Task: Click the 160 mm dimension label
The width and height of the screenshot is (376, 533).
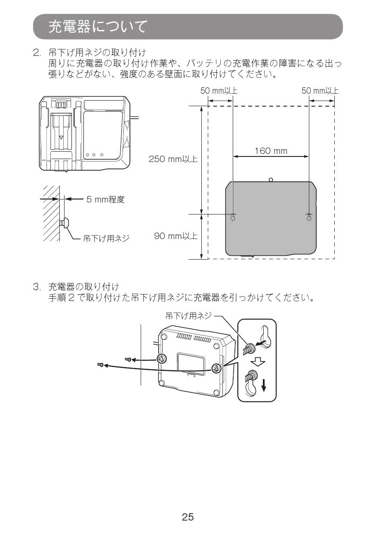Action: pos(271,151)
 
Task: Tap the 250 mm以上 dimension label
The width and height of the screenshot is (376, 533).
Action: pos(173,159)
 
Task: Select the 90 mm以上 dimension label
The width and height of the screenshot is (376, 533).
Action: pos(176,236)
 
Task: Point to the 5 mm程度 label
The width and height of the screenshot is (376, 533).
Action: pos(105,199)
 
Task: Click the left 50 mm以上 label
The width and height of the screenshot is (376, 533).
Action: pos(219,91)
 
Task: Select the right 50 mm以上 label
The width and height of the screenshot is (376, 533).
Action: pos(320,91)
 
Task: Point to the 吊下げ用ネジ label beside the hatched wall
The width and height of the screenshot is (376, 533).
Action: pos(106,238)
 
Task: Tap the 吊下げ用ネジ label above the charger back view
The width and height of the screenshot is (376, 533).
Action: pos(188,316)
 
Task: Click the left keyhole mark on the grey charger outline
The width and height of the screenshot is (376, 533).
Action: pos(233,217)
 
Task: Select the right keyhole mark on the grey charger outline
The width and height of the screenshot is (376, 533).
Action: pos(309,217)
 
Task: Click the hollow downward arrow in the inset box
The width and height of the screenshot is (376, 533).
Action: pos(258,362)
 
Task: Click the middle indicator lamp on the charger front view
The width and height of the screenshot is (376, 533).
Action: pos(94,155)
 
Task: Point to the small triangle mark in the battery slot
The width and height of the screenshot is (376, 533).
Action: pos(62,138)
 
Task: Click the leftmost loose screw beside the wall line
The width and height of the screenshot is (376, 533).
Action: pos(100,364)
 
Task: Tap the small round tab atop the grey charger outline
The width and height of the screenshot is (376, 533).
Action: pos(271,179)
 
